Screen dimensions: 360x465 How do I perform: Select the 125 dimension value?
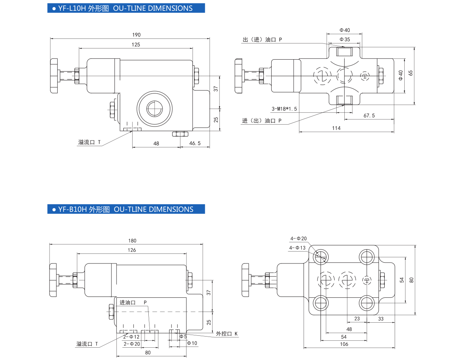pos(136,45)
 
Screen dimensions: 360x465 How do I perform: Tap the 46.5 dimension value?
pos(195,143)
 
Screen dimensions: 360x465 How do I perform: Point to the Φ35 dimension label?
pos(345,39)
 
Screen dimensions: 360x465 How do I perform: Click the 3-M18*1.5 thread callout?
pos(284,109)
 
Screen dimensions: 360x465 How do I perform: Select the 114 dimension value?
pos(336,128)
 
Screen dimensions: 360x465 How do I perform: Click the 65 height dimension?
pos(410,73)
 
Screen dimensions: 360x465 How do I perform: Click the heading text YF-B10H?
pos(72,209)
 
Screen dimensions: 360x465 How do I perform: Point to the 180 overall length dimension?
pos(132,241)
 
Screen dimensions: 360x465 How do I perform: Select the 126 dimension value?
pos(132,250)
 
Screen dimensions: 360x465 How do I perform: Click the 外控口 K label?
pos(227,333)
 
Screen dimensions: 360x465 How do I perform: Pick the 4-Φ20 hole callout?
pos(298,239)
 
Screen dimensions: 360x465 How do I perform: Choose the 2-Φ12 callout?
pos(131,337)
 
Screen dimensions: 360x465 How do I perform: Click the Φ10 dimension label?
pos(192,343)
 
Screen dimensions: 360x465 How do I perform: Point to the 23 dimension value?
pos(357,319)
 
